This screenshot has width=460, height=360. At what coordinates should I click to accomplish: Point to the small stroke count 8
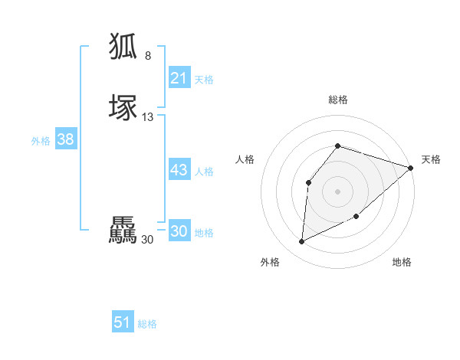point(148,56)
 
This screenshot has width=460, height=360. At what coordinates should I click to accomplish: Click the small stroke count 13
point(148,117)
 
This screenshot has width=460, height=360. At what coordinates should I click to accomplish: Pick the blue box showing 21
point(179,78)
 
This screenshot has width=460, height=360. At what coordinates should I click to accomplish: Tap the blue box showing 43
point(179,170)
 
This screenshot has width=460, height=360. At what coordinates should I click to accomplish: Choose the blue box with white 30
point(179,231)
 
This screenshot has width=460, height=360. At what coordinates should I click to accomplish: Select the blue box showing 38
point(65,139)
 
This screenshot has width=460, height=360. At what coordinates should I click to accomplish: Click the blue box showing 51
point(123,322)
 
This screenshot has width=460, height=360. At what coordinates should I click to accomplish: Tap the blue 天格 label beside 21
point(204,80)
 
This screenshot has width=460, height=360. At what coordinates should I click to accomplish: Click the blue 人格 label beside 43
point(205,172)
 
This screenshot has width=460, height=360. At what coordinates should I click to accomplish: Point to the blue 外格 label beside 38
point(41,141)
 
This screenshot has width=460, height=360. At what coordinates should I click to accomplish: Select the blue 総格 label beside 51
point(147,324)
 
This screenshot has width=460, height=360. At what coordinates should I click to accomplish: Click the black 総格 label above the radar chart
point(338,100)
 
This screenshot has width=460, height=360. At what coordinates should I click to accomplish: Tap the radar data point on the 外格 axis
point(301,242)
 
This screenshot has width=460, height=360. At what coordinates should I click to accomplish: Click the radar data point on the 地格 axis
point(357,217)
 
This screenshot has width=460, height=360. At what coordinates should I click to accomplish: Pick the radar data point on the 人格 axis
point(308,182)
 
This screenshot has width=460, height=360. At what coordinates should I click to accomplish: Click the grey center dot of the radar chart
point(337,191)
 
